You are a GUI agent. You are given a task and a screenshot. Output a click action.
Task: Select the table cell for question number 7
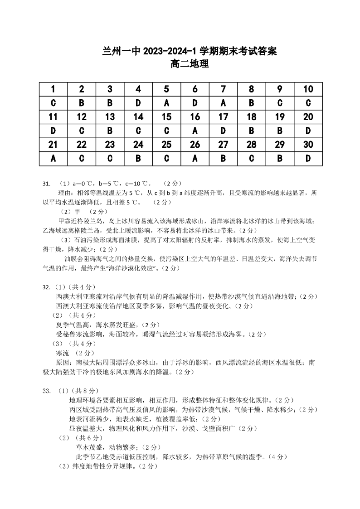[223, 89]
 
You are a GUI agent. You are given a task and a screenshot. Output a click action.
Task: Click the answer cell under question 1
[53, 103]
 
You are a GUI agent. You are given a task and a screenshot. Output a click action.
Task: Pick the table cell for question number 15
[166, 117]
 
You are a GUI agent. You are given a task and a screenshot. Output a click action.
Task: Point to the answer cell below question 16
[195, 131]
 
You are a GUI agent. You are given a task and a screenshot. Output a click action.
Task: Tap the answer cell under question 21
[53, 159]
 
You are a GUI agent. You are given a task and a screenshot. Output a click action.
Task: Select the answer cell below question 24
[138, 159]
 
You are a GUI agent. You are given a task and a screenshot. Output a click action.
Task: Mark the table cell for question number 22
[82, 145]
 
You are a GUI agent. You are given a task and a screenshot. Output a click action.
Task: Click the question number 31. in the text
[46, 184]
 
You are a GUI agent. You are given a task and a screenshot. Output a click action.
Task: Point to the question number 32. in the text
[46, 287]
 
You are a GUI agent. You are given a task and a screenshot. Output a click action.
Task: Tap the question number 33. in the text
[46, 390]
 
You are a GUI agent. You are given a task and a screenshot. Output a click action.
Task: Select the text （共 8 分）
[84, 390]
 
